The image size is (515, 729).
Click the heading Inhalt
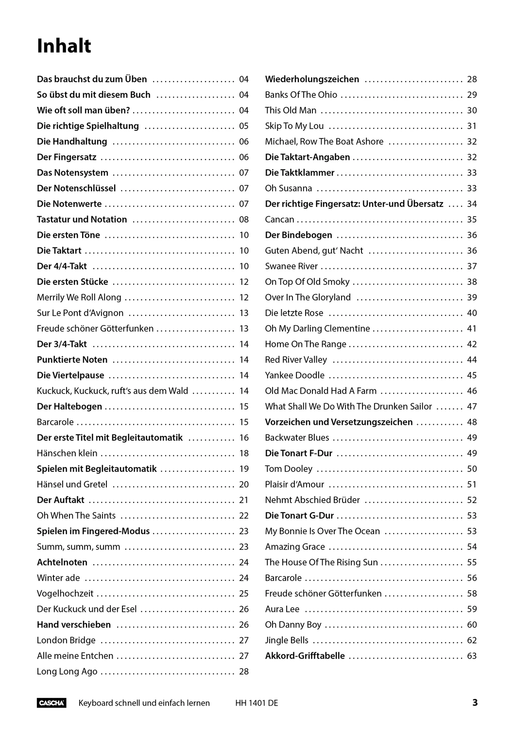(x=64, y=46)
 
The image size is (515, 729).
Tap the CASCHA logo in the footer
(x=51, y=703)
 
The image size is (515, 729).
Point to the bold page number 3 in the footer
(x=475, y=702)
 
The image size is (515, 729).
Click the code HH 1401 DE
(x=257, y=703)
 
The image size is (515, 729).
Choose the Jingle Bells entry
(x=287, y=640)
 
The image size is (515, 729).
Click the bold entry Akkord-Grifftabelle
(x=305, y=656)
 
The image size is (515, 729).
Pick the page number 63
(x=472, y=656)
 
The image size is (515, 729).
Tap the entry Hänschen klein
(x=67, y=453)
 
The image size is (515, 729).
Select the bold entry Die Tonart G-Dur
(x=299, y=516)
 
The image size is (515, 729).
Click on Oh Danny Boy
(x=293, y=625)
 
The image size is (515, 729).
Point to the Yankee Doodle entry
(x=294, y=375)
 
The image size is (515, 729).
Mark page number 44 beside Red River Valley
(x=472, y=360)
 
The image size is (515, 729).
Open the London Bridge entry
(x=66, y=640)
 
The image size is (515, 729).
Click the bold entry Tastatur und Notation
(x=82, y=219)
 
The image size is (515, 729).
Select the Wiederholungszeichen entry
(x=312, y=79)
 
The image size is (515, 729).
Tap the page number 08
(x=243, y=219)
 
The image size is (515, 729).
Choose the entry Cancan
(x=279, y=219)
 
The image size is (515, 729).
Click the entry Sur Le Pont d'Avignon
(x=80, y=313)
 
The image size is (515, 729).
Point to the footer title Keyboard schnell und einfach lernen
(x=144, y=703)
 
